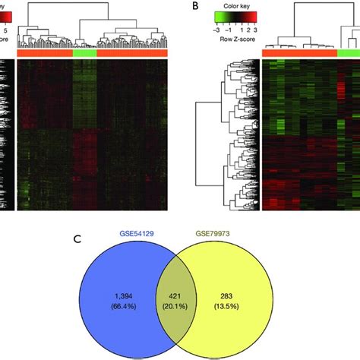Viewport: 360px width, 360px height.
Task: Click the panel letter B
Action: coord(197,6)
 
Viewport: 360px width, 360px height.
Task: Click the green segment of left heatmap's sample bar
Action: coord(85,52)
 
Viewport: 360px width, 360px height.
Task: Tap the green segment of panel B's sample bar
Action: coord(348,52)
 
